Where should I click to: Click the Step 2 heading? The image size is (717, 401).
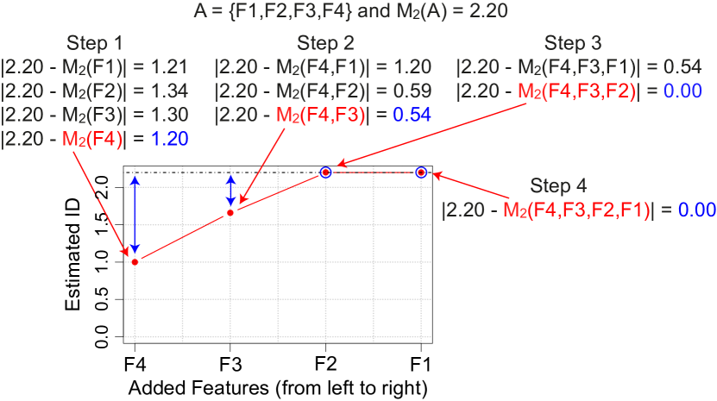point(325,43)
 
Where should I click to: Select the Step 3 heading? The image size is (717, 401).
point(572,43)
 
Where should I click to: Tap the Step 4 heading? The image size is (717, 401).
point(558,186)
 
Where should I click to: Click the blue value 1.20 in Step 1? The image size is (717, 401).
point(170,138)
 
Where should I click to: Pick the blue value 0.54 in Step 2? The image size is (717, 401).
point(412,114)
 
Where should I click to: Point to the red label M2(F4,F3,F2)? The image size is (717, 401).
point(576,90)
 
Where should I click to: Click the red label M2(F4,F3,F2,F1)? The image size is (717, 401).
point(575,210)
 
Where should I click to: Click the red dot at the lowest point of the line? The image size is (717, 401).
point(135,260)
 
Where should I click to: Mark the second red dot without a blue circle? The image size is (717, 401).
point(230,212)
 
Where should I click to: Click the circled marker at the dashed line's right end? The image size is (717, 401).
point(421,172)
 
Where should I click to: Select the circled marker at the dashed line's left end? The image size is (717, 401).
point(325,172)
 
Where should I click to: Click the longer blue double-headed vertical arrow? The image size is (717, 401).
point(135,215)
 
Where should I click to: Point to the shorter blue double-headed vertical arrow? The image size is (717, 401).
point(230,191)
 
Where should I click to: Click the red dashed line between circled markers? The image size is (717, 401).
point(373,172)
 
